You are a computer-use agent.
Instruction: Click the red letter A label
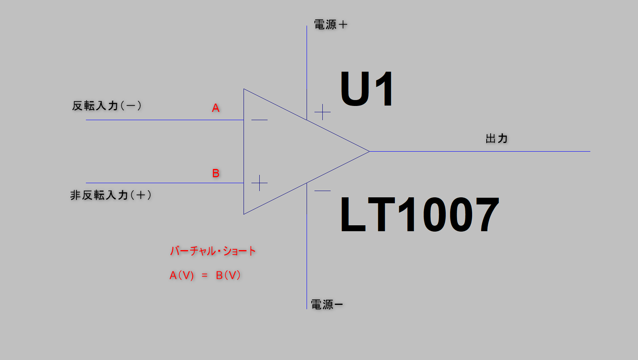click(216, 108)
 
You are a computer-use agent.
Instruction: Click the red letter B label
click(216, 173)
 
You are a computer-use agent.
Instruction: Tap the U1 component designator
click(366, 89)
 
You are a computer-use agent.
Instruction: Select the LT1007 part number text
click(419, 215)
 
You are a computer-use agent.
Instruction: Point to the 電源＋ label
click(330, 25)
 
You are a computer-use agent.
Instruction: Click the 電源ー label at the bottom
click(326, 304)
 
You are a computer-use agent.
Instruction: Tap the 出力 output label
click(497, 138)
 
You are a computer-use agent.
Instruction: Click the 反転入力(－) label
click(106, 106)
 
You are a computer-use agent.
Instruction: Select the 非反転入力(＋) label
click(110, 195)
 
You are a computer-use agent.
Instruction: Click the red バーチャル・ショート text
click(213, 251)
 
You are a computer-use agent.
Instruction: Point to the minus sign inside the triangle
click(259, 120)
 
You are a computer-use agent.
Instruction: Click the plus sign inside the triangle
click(259, 183)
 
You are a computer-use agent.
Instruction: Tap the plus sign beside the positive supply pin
click(322, 112)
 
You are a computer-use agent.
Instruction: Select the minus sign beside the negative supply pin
click(322, 191)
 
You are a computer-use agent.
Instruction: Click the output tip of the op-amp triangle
click(369, 151)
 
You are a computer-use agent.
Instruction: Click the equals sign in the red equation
click(205, 275)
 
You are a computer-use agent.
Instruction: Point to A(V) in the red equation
click(182, 275)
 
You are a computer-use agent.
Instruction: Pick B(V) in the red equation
click(228, 275)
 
